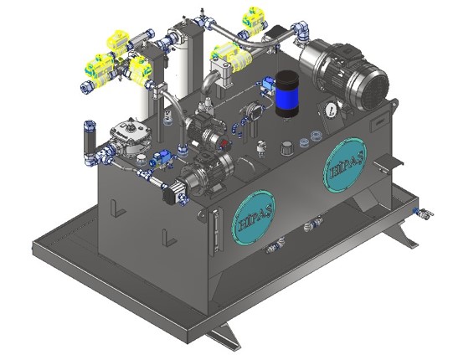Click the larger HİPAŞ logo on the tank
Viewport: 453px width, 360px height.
(x=345, y=166)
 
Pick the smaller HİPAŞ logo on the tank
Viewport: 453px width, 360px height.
(x=253, y=218)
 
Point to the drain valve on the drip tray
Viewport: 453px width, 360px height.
(x=423, y=213)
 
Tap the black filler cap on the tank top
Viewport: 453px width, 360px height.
(x=287, y=147)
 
